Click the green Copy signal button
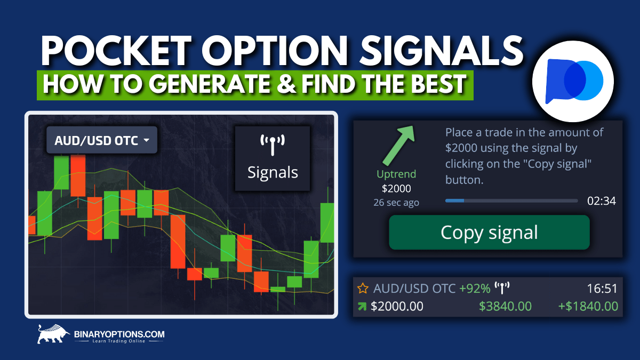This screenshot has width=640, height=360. click(x=489, y=233)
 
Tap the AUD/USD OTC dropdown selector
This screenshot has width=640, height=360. click(x=101, y=140)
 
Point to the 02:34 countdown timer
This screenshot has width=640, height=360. click(x=602, y=201)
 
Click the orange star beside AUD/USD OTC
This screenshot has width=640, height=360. click(x=363, y=289)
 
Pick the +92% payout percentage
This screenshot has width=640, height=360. click(x=475, y=289)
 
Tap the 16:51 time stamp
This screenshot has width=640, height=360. click(x=602, y=289)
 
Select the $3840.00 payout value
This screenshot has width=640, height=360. click(x=505, y=306)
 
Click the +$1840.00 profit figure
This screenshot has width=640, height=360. click(x=588, y=306)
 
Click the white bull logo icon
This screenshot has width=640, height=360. click(x=53, y=334)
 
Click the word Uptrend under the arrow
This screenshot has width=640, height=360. click(x=396, y=174)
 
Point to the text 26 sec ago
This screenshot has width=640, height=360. click(x=396, y=202)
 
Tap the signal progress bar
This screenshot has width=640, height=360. click(x=511, y=201)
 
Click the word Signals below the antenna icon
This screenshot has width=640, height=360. click(x=273, y=172)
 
